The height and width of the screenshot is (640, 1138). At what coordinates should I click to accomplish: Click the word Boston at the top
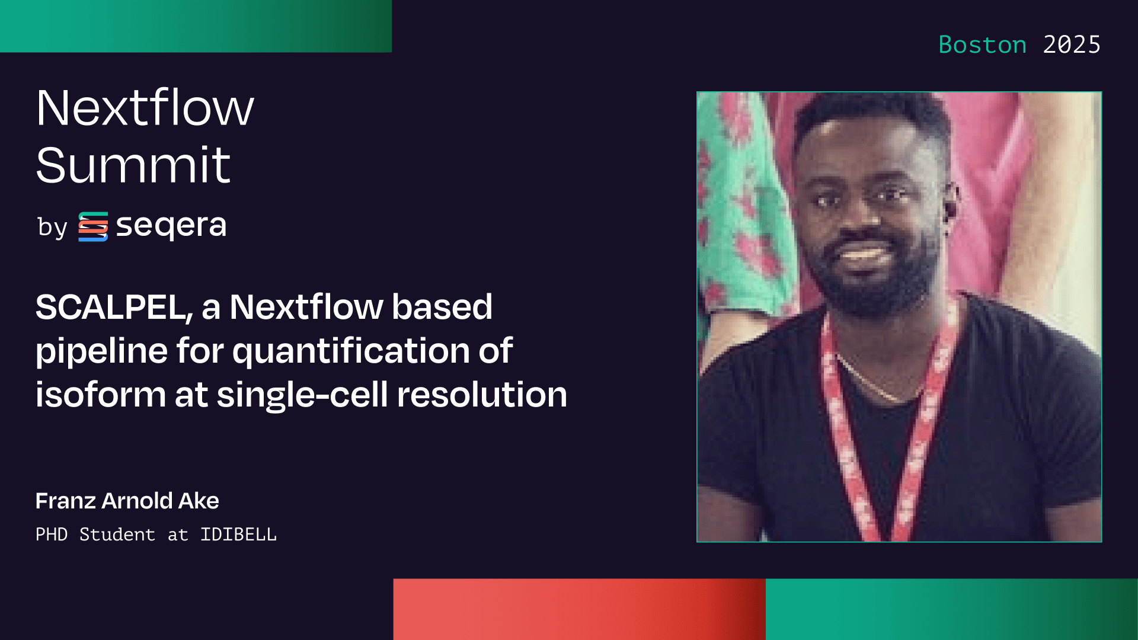click(x=982, y=45)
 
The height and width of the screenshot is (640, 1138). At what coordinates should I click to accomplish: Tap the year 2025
click(x=1071, y=45)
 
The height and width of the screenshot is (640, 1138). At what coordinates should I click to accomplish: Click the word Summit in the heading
click(x=133, y=165)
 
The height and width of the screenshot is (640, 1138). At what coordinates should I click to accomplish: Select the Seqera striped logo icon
click(x=93, y=226)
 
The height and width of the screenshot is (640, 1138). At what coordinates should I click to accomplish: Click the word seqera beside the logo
click(x=171, y=226)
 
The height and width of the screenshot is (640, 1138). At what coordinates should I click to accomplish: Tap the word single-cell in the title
click(x=302, y=395)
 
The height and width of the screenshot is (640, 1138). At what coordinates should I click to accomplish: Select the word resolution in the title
click(x=482, y=395)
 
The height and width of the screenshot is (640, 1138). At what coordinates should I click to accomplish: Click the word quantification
click(x=351, y=351)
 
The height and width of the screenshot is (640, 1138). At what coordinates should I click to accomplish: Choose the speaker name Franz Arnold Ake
click(x=127, y=501)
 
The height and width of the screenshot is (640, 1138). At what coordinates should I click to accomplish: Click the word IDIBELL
click(x=238, y=535)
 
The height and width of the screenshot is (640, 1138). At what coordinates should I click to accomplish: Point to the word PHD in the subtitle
click(x=52, y=535)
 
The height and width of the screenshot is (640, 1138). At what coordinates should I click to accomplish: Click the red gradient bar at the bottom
click(x=578, y=609)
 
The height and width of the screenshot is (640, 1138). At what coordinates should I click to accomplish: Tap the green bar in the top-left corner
click(x=196, y=26)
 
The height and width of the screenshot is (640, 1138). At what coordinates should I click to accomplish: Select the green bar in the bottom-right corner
click(x=951, y=609)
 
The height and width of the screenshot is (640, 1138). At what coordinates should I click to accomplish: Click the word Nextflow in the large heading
click(x=145, y=108)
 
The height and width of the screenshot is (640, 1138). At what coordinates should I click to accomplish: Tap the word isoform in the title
click(x=100, y=395)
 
